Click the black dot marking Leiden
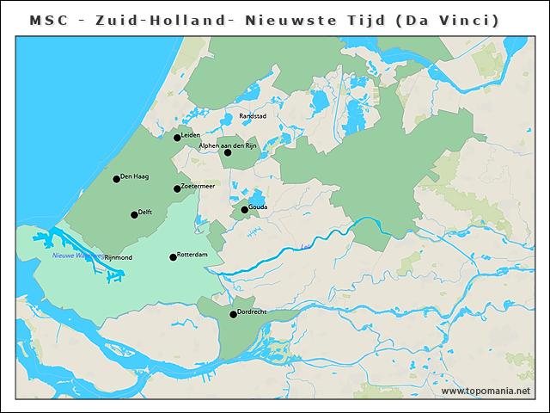177,137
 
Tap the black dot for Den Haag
116,179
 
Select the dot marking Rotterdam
173,257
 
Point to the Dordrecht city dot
233,314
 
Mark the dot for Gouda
244,209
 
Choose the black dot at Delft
134,214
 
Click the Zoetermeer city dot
177,188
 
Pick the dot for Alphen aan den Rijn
228,152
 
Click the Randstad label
253,115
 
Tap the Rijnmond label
118,257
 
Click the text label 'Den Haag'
135,176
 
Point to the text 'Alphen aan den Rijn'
228,145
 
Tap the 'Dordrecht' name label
253,311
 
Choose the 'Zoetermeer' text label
199,186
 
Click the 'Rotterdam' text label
192,255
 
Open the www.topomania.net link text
486,391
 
